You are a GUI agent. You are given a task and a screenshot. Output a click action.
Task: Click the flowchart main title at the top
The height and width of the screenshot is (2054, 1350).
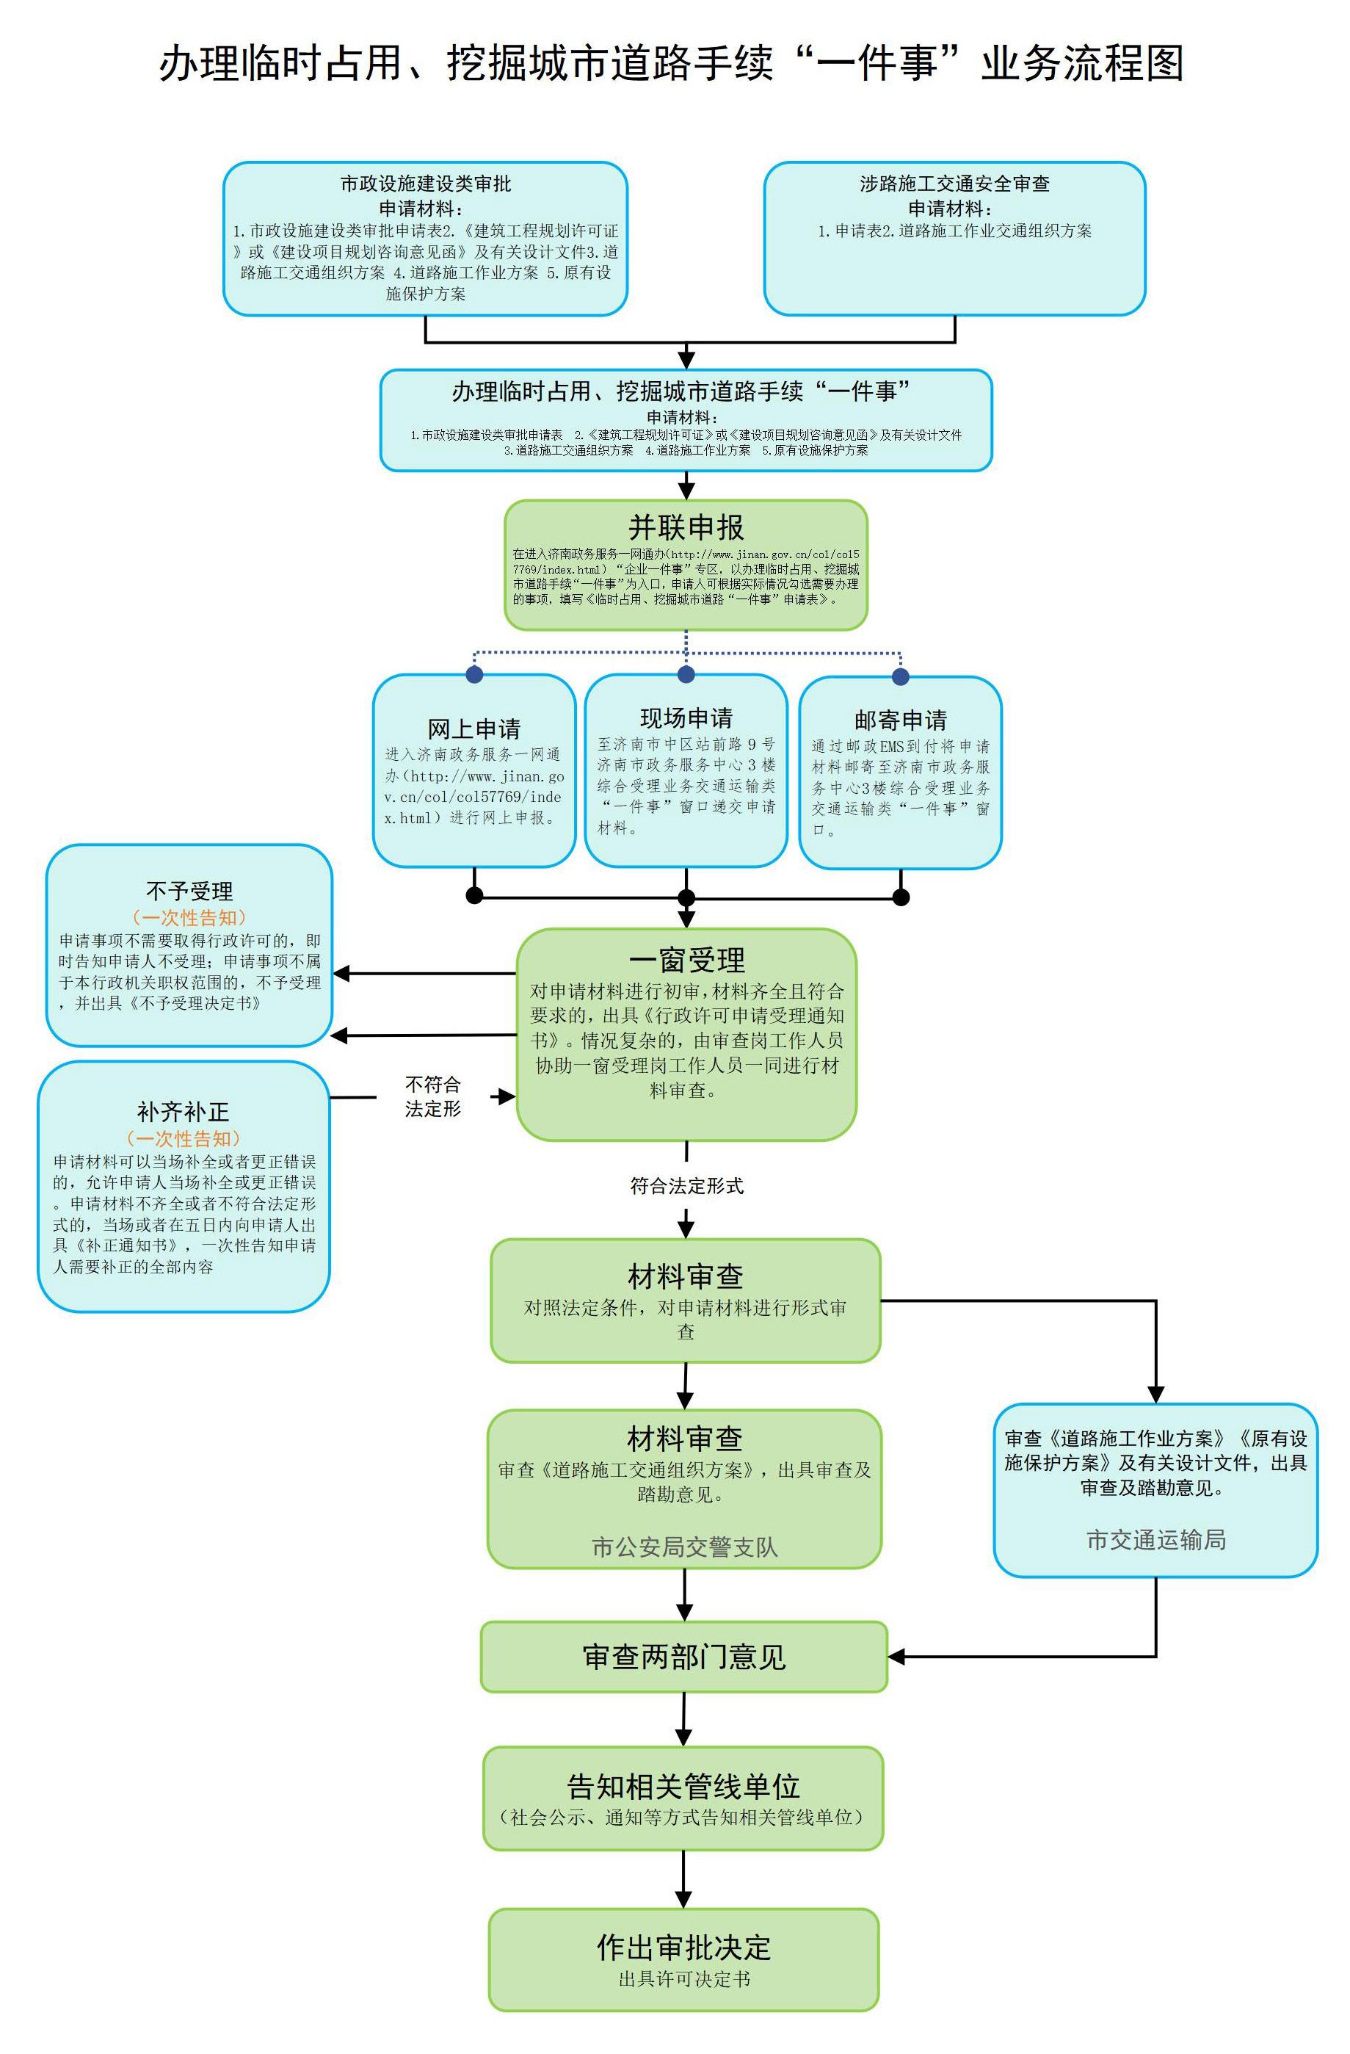[x=671, y=64]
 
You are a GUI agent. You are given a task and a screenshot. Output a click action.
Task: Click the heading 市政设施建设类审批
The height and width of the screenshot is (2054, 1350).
[x=425, y=184]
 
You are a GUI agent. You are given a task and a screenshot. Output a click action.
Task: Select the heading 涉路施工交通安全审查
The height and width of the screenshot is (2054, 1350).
[x=954, y=184]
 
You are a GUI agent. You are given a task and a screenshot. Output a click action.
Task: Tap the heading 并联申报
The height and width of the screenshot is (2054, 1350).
[x=686, y=527]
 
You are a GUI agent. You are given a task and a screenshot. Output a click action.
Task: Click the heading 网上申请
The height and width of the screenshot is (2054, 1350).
[x=473, y=729]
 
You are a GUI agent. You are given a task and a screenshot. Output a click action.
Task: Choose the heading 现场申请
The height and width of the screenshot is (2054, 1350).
[x=686, y=718]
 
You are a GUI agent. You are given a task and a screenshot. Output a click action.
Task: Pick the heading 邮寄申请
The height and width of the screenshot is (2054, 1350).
[x=901, y=720]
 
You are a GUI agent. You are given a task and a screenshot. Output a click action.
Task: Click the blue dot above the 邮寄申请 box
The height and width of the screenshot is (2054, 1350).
[x=901, y=676]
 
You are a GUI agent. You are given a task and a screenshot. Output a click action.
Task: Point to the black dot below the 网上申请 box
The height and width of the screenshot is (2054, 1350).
[x=473, y=896]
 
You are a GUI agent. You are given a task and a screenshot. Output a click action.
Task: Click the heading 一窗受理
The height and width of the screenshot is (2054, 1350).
[x=686, y=960]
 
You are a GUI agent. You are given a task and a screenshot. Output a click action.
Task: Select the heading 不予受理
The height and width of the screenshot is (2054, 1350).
[x=189, y=891]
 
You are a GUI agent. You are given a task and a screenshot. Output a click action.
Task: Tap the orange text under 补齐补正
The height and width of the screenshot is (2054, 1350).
[x=183, y=1138]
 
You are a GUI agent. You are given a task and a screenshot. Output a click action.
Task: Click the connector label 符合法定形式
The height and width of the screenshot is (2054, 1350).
[x=686, y=1186]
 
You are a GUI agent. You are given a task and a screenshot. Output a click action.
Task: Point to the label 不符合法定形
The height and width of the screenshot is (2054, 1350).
[x=433, y=1096]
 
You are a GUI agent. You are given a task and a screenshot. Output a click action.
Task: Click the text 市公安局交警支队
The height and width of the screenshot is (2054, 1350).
[x=685, y=1547]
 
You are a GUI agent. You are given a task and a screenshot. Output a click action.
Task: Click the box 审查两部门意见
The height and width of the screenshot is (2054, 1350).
[x=684, y=1656]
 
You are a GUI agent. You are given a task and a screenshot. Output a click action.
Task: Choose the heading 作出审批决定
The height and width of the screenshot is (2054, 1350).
[x=684, y=1947]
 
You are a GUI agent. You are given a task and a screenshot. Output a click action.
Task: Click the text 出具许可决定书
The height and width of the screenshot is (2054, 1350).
[x=684, y=1979]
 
